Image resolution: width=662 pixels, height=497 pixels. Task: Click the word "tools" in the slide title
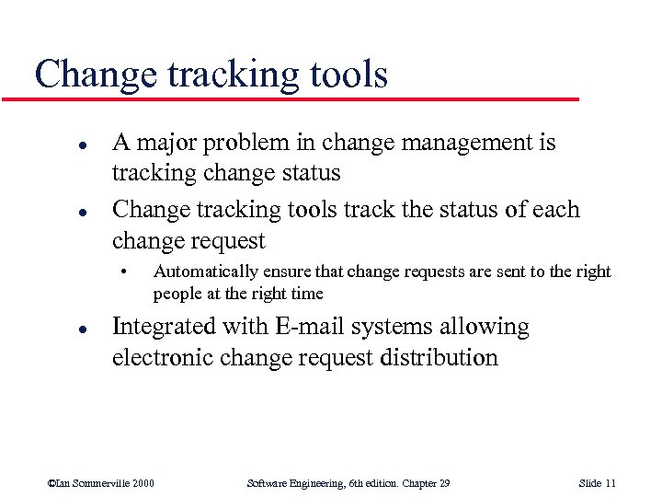click(342, 74)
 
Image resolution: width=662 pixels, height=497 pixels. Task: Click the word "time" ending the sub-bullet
click(306, 293)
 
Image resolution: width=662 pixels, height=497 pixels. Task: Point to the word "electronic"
click(164, 357)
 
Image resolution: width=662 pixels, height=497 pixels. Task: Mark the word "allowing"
click(490, 327)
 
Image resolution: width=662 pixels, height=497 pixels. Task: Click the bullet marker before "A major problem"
click(56, 144)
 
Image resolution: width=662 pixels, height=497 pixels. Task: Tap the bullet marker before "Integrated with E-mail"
click(56, 328)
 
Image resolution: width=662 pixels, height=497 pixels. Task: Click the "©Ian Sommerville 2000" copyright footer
click(100, 483)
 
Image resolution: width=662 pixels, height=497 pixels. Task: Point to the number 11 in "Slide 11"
click(611, 483)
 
